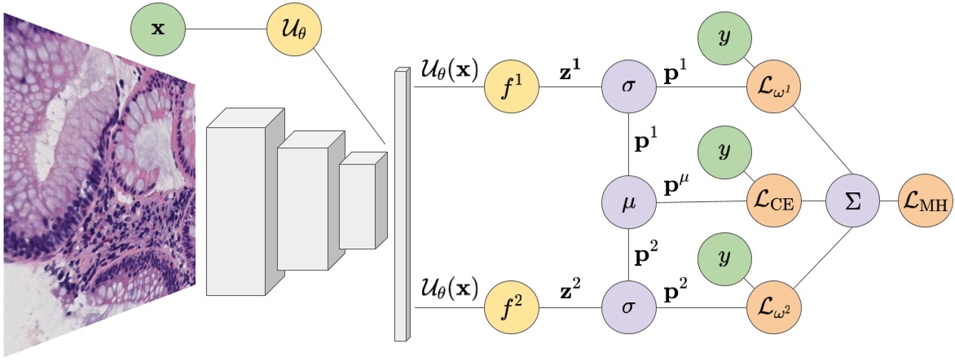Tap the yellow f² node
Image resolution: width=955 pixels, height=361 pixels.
coord(512,310)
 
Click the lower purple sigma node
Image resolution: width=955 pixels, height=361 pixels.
coord(629,310)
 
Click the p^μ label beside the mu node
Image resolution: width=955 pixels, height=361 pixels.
coord(679,184)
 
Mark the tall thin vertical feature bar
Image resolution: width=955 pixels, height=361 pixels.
coord(401,204)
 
